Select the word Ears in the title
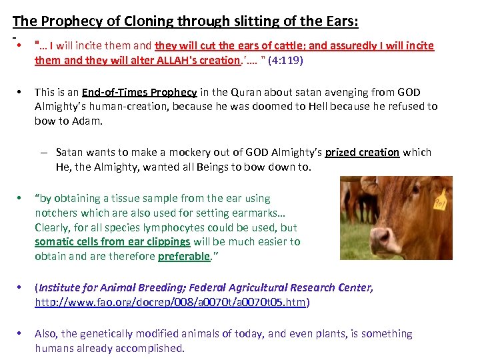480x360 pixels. click(x=339, y=21)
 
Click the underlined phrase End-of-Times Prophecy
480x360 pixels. click(x=139, y=93)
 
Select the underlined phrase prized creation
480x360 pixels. click(x=362, y=153)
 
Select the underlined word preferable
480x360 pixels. click(x=183, y=256)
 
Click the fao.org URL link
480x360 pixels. click(x=170, y=302)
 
